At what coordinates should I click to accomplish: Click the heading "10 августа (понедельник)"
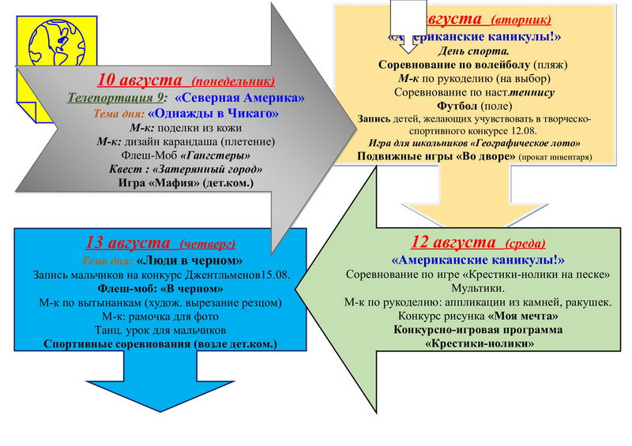(186, 80)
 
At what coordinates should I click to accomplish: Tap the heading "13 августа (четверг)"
(160, 242)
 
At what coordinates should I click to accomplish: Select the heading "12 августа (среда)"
(479, 242)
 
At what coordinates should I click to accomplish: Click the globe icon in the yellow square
(58, 44)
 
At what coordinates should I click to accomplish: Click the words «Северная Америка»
(239, 98)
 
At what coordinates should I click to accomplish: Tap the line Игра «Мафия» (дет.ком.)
(186, 184)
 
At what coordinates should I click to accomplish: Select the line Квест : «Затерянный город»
(185, 170)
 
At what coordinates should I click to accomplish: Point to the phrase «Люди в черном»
(189, 260)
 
